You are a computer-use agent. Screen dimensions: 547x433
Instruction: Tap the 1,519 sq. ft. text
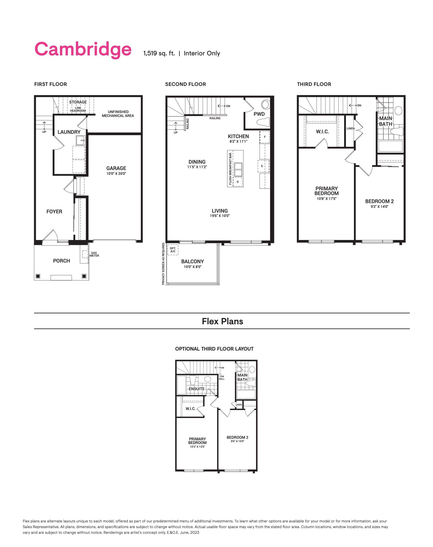point(159,54)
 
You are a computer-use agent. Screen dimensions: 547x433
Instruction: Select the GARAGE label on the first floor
point(116,168)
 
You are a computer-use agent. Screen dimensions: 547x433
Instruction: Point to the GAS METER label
point(94,254)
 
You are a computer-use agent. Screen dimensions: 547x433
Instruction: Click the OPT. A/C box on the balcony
point(173,250)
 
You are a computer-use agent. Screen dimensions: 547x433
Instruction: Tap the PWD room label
point(259,114)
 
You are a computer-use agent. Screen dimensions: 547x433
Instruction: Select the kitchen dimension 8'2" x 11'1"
point(238,142)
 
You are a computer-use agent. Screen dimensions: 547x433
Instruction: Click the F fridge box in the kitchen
point(265,137)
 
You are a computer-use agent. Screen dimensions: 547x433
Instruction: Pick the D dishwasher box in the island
point(237,182)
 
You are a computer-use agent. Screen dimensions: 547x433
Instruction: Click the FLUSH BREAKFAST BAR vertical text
point(230,169)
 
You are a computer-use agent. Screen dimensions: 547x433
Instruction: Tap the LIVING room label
point(219,211)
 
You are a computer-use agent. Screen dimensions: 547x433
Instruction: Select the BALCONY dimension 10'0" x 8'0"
point(193,267)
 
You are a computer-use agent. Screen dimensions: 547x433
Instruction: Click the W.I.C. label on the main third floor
point(322,132)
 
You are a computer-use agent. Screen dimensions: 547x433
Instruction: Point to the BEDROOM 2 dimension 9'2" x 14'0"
point(379,206)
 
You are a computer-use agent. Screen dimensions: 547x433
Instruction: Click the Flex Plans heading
point(222,321)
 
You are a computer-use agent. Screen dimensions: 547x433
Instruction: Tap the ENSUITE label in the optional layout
point(196,389)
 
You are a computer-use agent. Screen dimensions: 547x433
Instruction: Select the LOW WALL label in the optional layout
point(222,378)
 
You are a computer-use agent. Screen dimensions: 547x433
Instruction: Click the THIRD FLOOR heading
point(314,84)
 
